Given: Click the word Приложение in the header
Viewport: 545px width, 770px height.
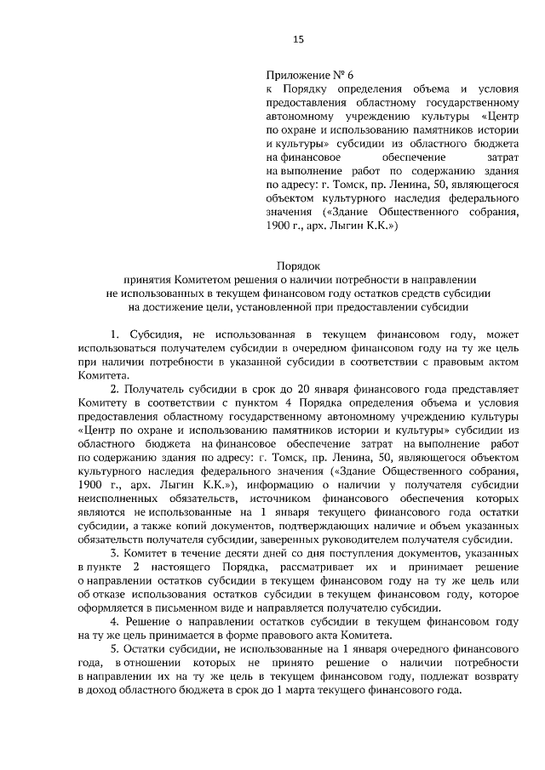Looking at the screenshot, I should pyautogui.click(x=295, y=75).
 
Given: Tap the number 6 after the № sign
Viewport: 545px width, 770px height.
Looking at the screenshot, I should pyautogui.click(x=351, y=75).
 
